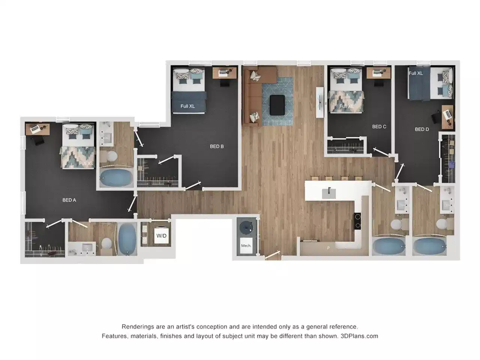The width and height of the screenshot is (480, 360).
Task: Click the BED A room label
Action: tap(69, 200)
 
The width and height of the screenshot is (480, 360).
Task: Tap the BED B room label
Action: tap(217, 146)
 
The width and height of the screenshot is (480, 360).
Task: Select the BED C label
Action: tap(379, 127)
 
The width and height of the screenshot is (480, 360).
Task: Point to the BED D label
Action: tap(422, 129)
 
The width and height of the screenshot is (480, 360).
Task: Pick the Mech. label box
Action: tap(246, 246)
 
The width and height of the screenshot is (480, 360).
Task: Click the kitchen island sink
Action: tap(329, 193)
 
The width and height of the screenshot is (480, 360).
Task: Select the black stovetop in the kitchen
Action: tap(357, 221)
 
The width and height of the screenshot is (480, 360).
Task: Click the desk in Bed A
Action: tap(37, 129)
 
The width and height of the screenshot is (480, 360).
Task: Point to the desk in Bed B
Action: tap(225, 72)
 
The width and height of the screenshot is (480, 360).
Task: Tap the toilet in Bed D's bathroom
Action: tap(441, 225)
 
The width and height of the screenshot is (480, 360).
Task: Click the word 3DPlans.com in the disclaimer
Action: tap(359, 336)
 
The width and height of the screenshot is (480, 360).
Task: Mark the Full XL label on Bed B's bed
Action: tap(187, 106)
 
